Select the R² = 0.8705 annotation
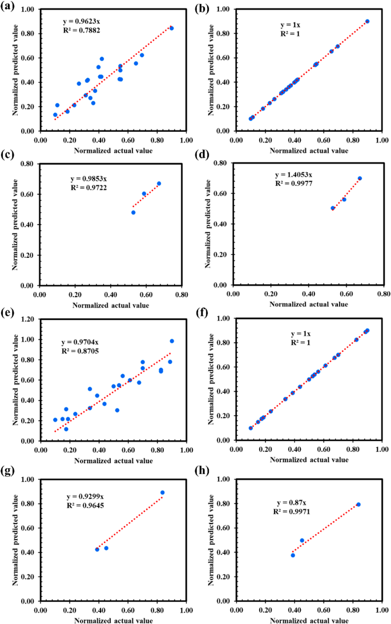(80, 352)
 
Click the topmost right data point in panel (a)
(172, 28)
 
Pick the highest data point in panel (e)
(172, 341)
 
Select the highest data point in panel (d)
(360, 178)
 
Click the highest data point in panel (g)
(163, 492)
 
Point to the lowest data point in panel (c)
(134, 212)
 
